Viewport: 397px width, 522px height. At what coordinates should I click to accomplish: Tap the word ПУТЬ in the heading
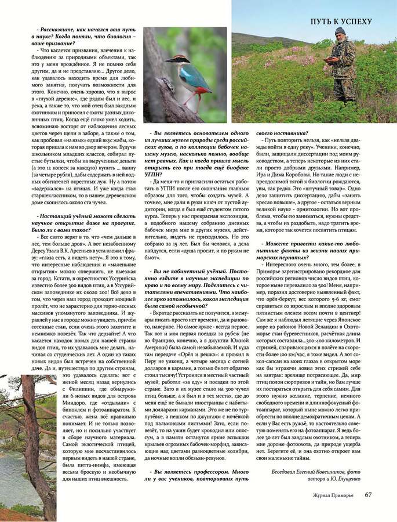tap(323, 22)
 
